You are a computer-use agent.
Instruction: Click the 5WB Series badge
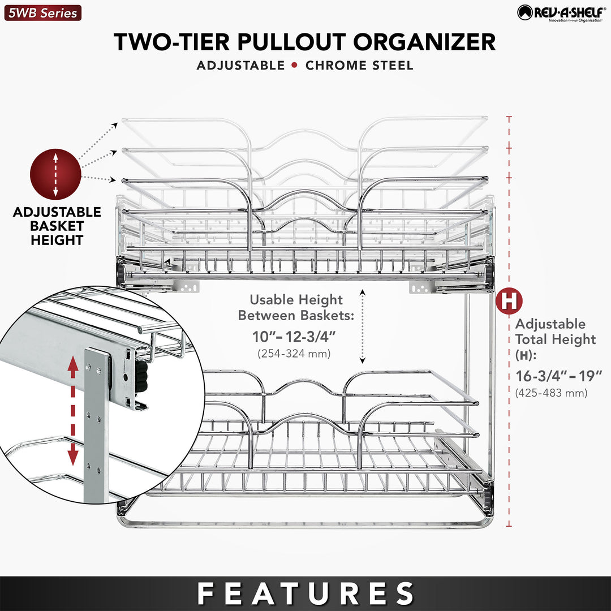[x=42, y=12]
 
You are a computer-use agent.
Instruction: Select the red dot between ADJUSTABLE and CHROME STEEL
[x=295, y=65]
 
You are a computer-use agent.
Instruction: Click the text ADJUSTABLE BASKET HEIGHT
[x=57, y=226]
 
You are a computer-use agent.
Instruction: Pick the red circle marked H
[x=509, y=301]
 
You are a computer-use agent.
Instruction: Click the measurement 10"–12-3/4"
[x=294, y=337]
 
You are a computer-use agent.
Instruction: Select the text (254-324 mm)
[x=294, y=354]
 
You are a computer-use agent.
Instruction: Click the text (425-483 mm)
[x=550, y=392]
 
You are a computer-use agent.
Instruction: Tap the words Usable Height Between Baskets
[x=296, y=307]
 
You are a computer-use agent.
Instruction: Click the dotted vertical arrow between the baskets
[x=363, y=325]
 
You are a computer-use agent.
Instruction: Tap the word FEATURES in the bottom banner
[x=305, y=593]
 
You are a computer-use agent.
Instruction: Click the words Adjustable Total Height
[x=555, y=332]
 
